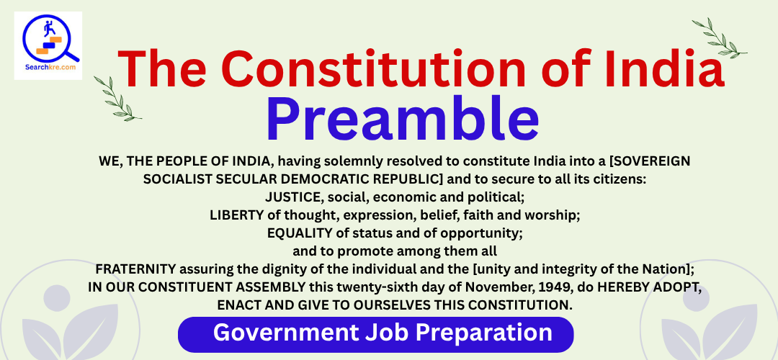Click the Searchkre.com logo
coord(48,45)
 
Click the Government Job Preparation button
coord(375,333)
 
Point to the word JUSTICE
coord(293,197)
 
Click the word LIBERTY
coord(233,215)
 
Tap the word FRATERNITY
coord(135,269)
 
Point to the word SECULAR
coord(237,179)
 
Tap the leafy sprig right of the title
coord(720,38)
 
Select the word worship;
coord(551,216)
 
